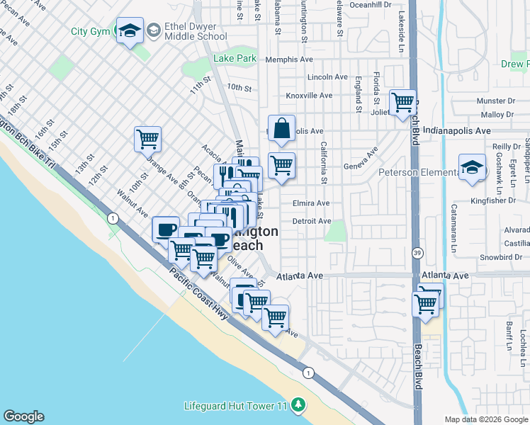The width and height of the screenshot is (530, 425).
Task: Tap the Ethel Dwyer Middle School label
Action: tap(186, 31)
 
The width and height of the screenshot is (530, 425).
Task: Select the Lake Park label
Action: tap(235, 59)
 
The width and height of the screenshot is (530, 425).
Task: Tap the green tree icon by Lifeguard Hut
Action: tap(299, 404)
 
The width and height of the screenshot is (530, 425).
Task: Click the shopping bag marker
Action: tap(281, 128)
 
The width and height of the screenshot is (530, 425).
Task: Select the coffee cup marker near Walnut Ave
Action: tap(167, 229)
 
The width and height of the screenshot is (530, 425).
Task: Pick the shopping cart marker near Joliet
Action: tap(402, 101)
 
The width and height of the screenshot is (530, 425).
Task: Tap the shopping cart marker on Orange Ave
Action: tap(147, 139)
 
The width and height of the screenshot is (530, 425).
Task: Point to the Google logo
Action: tap(23, 416)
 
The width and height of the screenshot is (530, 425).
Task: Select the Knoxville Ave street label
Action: tap(308, 95)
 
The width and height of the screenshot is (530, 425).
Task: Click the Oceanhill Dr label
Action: tap(371, 4)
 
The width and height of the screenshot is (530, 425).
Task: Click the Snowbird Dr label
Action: tap(502, 257)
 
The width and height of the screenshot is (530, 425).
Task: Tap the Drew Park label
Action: tap(515, 64)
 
